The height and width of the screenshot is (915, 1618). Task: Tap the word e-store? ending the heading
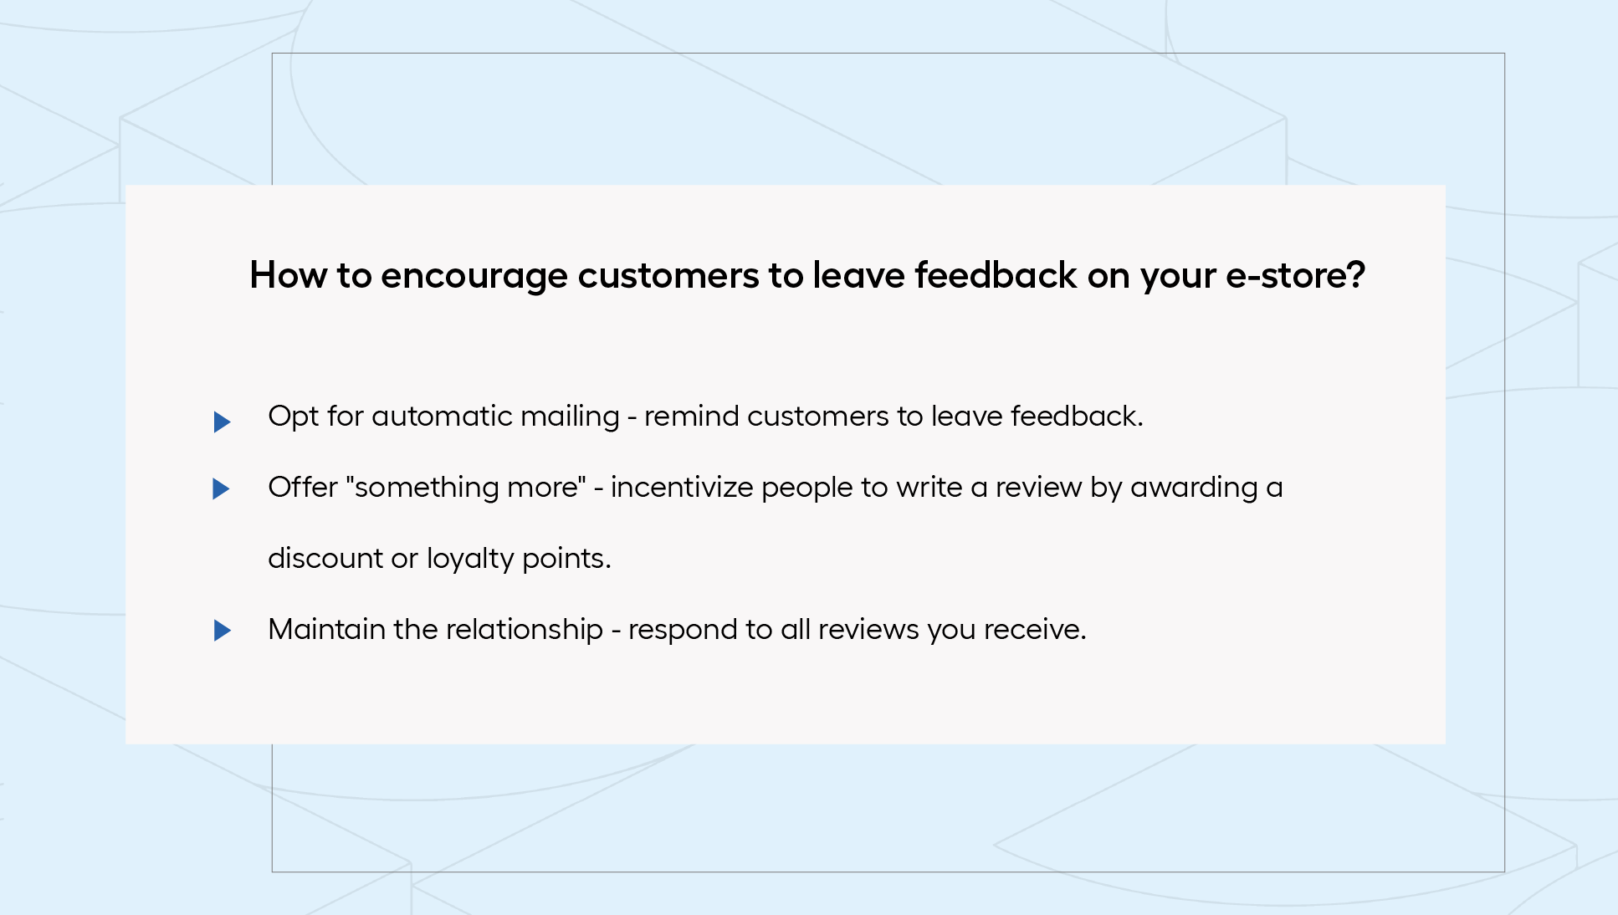(x=1295, y=276)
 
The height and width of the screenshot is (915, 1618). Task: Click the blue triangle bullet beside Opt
(x=222, y=422)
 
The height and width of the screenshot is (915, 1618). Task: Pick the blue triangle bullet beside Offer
(x=222, y=488)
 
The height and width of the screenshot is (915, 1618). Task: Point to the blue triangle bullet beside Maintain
(x=222, y=631)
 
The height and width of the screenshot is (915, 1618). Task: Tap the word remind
(x=691, y=417)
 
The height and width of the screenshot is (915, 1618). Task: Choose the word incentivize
(x=682, y=488)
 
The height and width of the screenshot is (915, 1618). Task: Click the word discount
(x=325, y=559)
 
